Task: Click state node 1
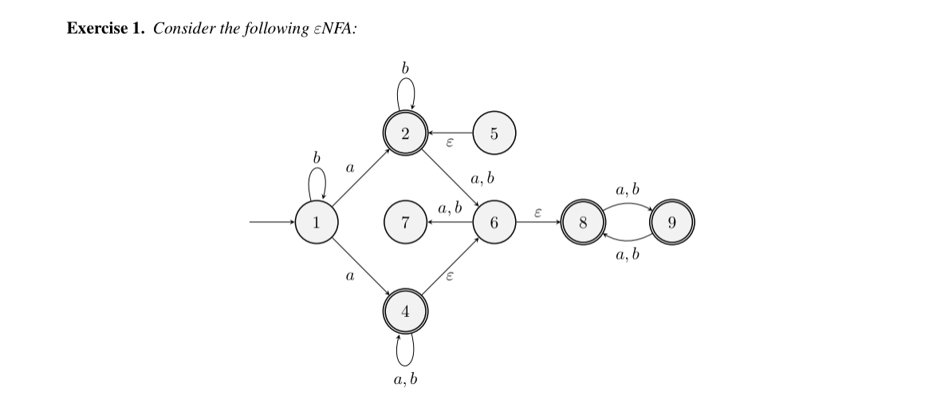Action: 317,223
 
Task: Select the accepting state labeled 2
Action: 405,133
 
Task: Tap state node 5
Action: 494,133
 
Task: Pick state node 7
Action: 405,223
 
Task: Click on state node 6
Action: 494,223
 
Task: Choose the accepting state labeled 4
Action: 405,312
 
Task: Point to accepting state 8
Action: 584,223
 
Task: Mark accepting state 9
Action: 672,223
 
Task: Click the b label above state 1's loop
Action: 317,158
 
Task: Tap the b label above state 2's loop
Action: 405,69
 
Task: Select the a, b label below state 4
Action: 405,380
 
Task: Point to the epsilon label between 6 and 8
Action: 538,212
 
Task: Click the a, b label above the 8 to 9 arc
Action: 628,190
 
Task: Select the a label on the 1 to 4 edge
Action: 348,276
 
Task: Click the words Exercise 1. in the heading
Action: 105,29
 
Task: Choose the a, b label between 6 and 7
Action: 450,209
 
